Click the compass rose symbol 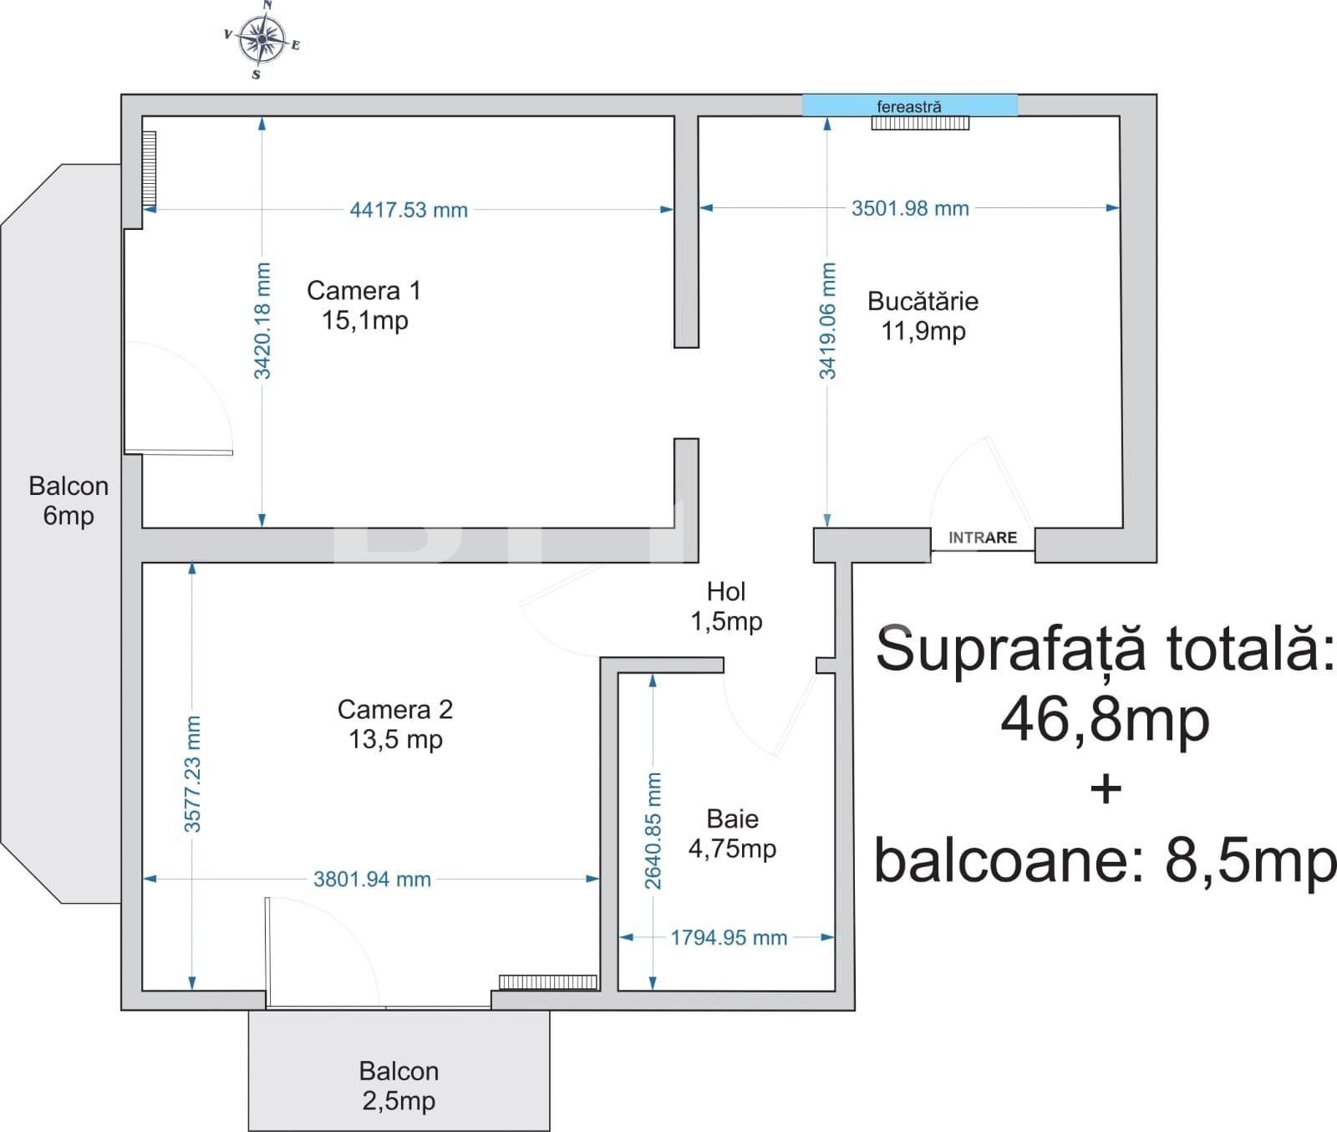(262, 38)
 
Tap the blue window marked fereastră (909, 105)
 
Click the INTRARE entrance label (983, 538)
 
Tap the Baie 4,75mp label (732, 834)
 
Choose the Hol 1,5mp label (725, 606)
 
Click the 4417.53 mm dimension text (408, 210)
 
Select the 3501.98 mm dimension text (909, 208)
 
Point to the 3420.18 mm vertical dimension (262, 320)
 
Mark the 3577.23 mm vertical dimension (192, 774)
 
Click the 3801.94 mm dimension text (372, 880)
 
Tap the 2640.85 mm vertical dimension (653, 831)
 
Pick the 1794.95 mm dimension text (729, 938)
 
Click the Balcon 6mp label (69, 501)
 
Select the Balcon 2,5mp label (399, 1085)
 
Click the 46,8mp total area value (1105, 721)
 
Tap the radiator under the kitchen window (920, 123)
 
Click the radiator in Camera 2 (548, 982)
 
